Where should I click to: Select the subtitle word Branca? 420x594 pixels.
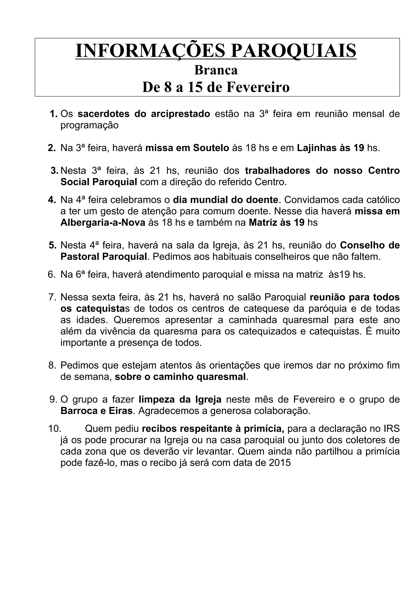coord(216,70)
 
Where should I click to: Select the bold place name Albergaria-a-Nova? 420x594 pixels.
coord(103,223)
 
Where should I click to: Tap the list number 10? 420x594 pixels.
coord(55,429)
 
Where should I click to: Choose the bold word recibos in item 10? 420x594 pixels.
coord(159,429)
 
